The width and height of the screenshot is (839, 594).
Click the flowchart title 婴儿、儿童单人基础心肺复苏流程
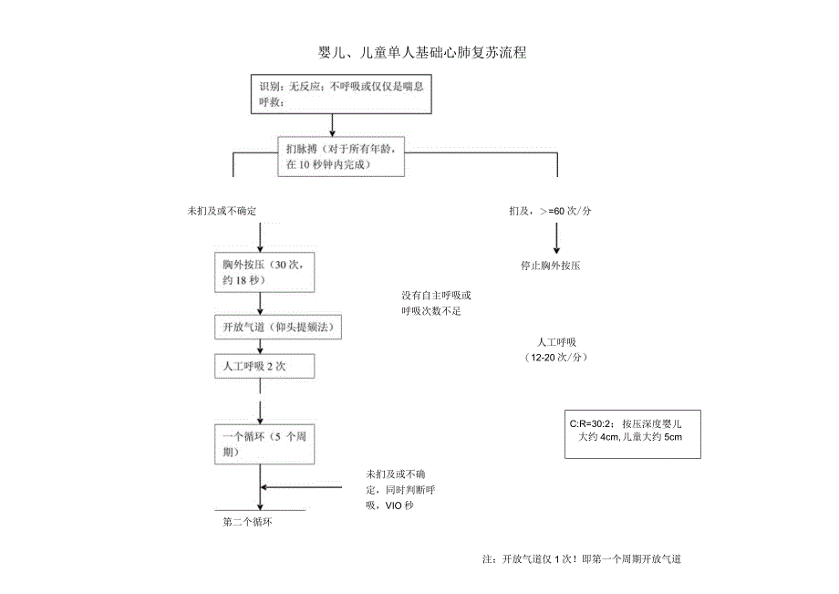coord(420,53)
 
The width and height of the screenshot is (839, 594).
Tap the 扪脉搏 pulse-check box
coord(340,156)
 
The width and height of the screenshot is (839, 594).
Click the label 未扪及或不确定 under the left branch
coord(223,211)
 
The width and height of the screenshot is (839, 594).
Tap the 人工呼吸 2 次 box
coord(264,366)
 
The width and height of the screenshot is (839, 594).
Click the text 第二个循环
coord(248,523)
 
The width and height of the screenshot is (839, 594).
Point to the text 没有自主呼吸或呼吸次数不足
coord(437,303)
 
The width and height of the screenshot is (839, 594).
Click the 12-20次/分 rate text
coord(556,358)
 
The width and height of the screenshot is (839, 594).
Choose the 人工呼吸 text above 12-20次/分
coord(556,342)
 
